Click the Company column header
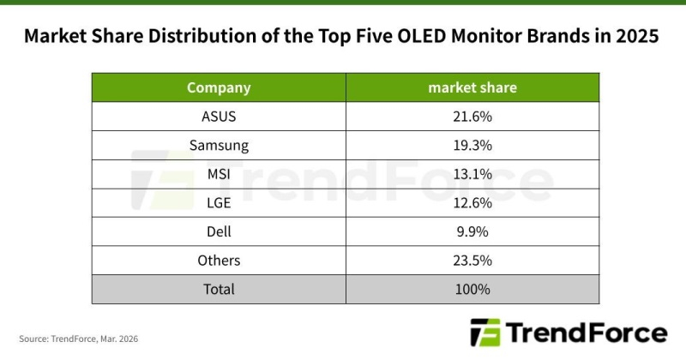click(x=219, y=87)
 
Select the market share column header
click(x=472, y=87)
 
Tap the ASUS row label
click(x=219, y=116)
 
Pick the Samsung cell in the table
click(x=219, y=145)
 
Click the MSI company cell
click(x=219, y=174)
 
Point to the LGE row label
click(x=219, y=202)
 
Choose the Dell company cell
click(x=219, y=231)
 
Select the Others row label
click(x=219, y=261)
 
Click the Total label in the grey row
click(x=219, y=289)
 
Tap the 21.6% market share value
click(x=472, y=116)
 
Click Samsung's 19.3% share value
click(x=472, y=145)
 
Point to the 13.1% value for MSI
click(x=472, y=174)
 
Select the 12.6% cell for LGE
click(x=472, y=202)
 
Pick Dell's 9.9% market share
click(x=472, y=231)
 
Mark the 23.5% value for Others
click(x=472, y=261)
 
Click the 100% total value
click(x=472, y=289)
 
